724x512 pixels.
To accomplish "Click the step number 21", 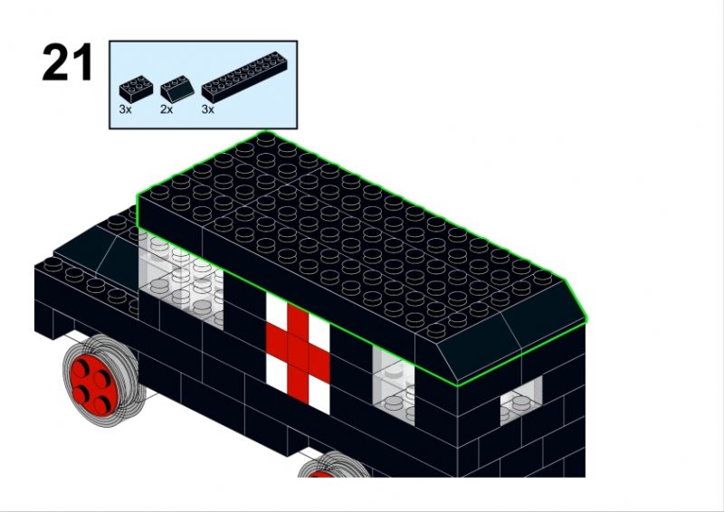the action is click(x=67, y=62).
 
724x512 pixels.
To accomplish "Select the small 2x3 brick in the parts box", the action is click(x=137, y=90).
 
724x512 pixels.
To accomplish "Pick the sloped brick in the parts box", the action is click(x=177, y=89).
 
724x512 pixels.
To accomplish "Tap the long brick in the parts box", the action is click(x=244, y=77).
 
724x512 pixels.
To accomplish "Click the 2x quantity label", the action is click(x=167, y=109).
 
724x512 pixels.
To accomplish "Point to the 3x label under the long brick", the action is click(x=208, y=109).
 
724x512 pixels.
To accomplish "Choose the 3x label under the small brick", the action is click(x=125, y=109).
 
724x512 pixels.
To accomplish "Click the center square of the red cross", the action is click(x=298, y=346).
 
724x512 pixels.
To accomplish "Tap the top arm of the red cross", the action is click(x=298, y=319).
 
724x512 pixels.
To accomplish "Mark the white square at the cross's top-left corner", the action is click(x=277, y=308).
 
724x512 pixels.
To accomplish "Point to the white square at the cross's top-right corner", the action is click(x=319, y=329).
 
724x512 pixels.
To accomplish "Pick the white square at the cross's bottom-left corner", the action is click(x=277, y=371).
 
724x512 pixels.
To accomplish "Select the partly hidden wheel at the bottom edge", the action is click(x=333, y=465).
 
